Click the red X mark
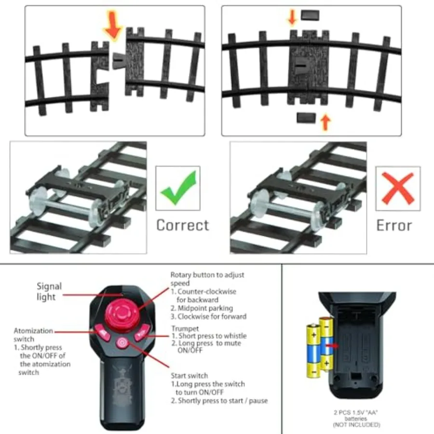click(398, 188)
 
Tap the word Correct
click(183, 225)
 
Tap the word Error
click(394, 225)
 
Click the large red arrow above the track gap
click(113, 25)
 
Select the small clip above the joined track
click(310, 15)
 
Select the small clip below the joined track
click(306, 118)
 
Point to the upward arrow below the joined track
click(325, 122)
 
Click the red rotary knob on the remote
click(122, 314)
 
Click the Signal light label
click(49, 291)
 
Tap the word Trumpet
click(185, 328)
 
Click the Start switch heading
click(190, 376)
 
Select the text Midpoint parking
click(205, 308)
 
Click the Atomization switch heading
click(33, 335)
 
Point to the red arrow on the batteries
click(332, 346)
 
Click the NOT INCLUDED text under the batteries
click(356, 424)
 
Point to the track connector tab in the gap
click(118, 61)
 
